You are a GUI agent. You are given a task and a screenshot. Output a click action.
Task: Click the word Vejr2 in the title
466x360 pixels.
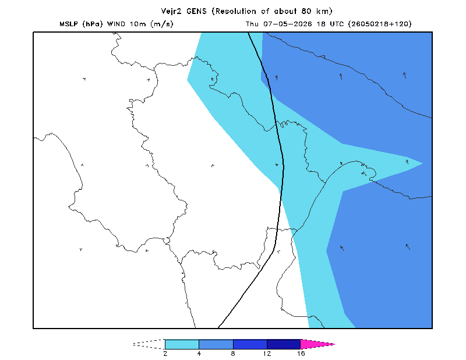tap(171, 12)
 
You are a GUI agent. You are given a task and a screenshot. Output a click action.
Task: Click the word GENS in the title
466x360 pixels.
tap(196, 11)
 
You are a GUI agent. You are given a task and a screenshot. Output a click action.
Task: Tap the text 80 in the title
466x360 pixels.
tap(306, 11)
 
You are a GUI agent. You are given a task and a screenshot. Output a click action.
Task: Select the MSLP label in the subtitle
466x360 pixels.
tap(69, 24)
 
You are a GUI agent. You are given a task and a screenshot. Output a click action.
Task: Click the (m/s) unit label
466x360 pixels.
tap(162, 24)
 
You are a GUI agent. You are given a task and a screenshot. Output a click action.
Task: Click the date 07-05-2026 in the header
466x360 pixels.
tap(288, 24)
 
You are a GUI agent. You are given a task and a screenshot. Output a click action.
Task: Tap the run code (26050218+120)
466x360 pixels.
tap(380, 24)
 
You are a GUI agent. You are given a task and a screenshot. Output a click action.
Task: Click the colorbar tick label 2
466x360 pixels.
tap(165, 354)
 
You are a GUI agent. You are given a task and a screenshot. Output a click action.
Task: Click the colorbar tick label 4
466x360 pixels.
tap(199, 354)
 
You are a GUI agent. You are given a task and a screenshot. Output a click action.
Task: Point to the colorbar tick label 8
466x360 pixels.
tap(233, 354)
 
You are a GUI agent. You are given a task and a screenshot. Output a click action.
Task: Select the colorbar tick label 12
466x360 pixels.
tap(267, 354)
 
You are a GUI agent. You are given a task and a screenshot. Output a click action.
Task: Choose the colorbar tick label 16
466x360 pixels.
tap(301, 354)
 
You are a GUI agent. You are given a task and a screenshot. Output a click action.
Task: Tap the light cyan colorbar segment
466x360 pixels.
tap(182, 344)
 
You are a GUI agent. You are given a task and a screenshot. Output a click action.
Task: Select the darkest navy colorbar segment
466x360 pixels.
tap(284, 344)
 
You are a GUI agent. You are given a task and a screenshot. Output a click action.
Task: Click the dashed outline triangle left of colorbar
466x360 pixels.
tap(149, 344)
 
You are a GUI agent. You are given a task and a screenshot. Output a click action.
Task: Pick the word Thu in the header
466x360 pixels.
tap(252, 24)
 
